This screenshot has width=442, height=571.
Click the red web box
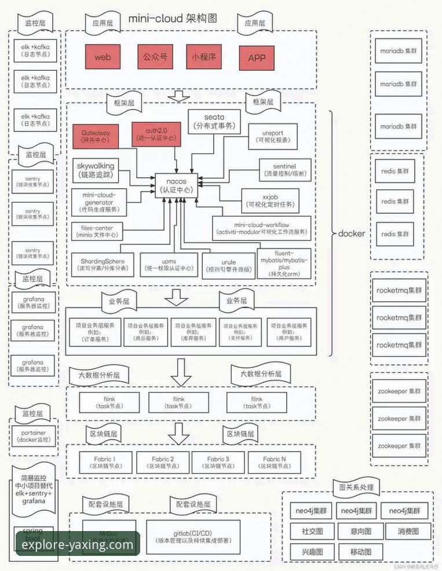click(103, 57)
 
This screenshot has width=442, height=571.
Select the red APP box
click(257, 58)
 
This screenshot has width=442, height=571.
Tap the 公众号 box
click(155, 57)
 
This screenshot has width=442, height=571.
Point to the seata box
click(214, 122)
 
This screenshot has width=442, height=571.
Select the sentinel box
click(284, 170)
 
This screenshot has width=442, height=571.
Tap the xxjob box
click(270, 201)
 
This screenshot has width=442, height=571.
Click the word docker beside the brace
click(352, 233)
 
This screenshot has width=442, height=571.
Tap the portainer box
click(34, 435)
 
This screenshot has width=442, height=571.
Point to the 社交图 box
click(312, 530)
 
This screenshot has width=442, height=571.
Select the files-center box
click(97, 231)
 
